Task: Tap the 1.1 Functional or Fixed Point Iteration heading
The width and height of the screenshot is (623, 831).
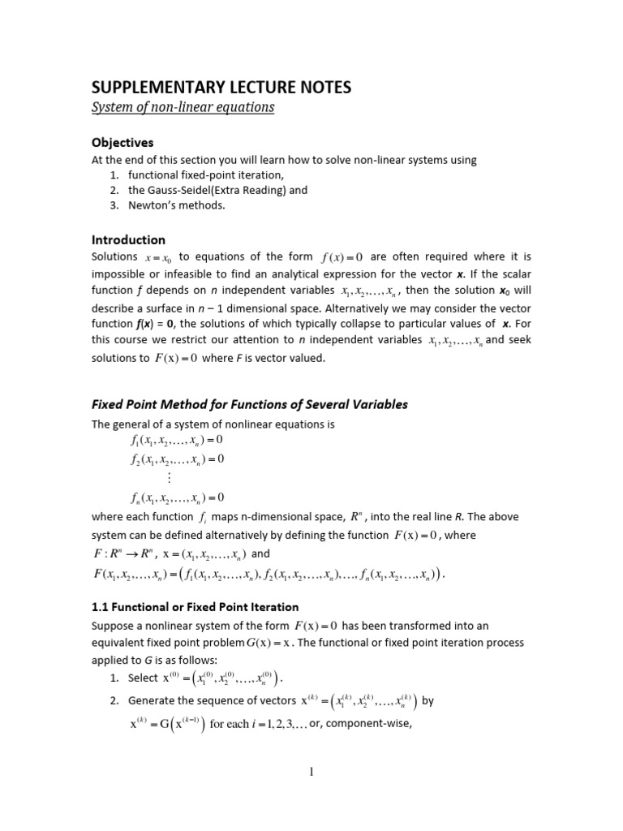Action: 195,606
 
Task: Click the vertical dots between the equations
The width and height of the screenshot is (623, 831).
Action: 169,478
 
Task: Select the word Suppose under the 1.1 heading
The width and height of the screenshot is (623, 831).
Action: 114,626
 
